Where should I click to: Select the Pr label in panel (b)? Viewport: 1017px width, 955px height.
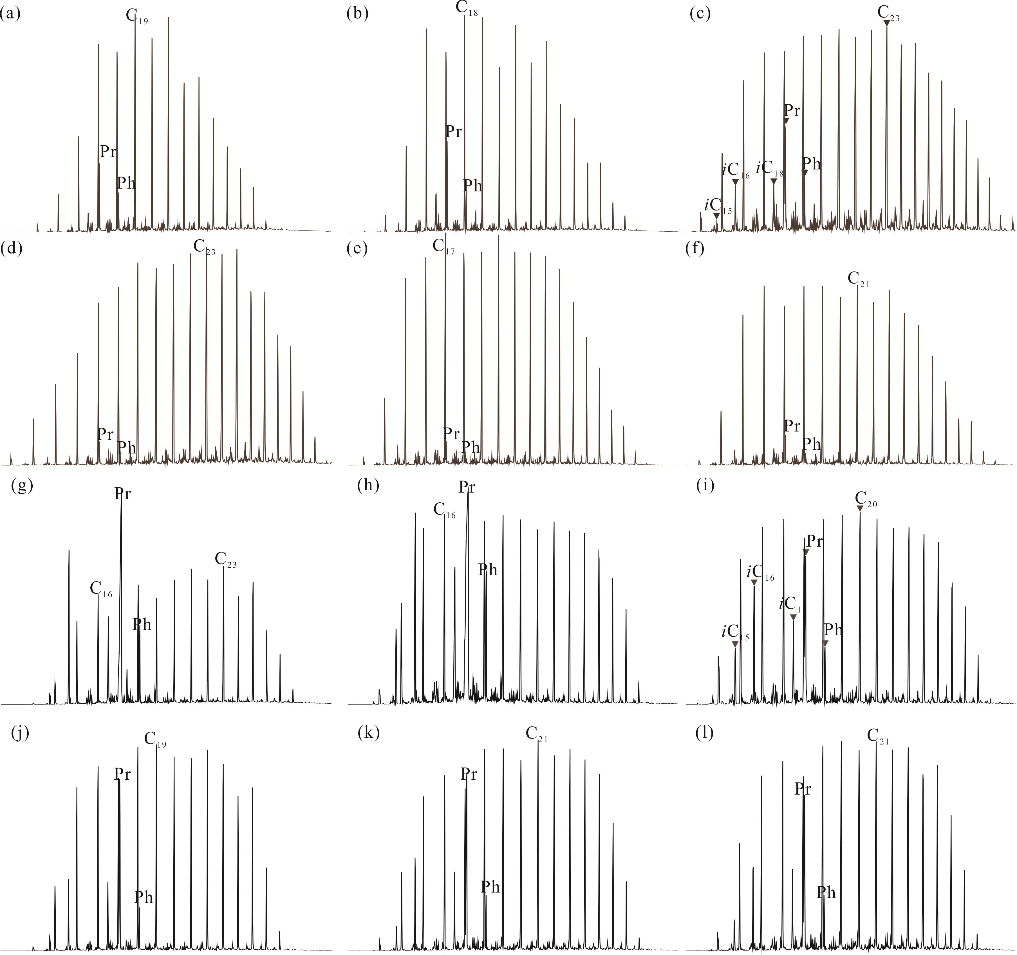tap(453, 131)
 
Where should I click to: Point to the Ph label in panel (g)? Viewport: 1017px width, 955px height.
tap(142, 624)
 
